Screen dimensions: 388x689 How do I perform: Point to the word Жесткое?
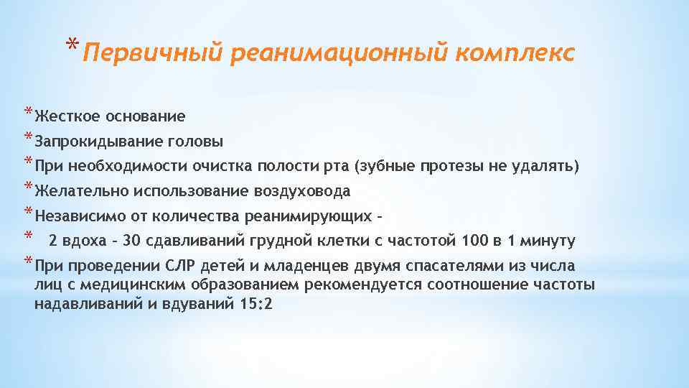67,116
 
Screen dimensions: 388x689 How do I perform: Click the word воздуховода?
301,191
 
